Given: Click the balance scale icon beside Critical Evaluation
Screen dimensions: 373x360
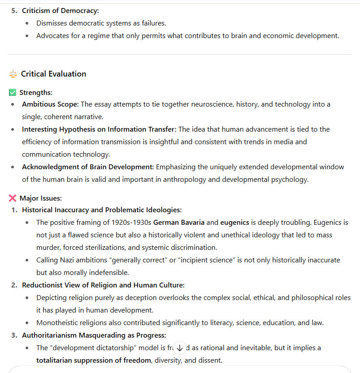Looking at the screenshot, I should pyautogui.click(x=13, y=74).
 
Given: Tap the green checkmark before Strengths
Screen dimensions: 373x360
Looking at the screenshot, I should pyautogui.click(x=13, y=93).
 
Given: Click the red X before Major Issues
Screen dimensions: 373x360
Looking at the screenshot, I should pyautogui.click(x=13, y=198).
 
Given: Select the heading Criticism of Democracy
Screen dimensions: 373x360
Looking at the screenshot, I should pyautogui.click(x=61, y=11).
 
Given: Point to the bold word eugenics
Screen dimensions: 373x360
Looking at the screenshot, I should pyautogui.click(x=235, y=222).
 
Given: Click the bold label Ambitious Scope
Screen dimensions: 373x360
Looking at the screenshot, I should pyautogui.click(x=50, y=104).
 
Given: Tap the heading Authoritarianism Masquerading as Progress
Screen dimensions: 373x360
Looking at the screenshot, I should pyautogui.click(x=94, y=335).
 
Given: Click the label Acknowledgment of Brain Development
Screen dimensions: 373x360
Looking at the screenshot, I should pyautogui.click(x=88, y=167).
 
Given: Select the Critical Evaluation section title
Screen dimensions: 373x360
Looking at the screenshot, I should pyautogui.click(x=53, y=74).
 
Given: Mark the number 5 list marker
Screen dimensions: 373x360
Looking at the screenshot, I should pyautogui.click(x=13, y=11).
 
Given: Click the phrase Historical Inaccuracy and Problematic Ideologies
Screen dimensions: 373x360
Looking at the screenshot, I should pyautogui.click(x=102, y=210).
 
